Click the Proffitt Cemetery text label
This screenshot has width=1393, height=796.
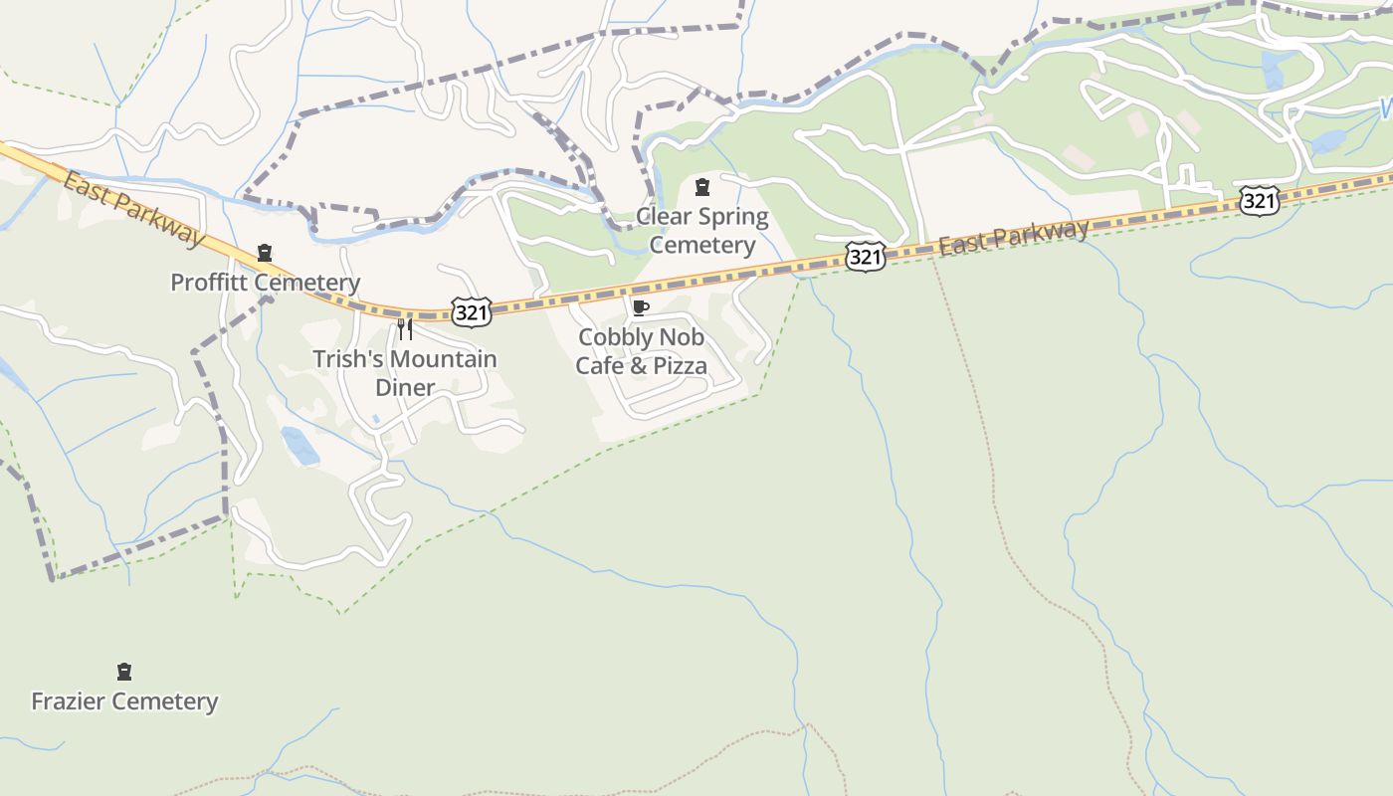[x=265, y=283]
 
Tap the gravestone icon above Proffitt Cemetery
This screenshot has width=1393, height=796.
[x=265, y=253]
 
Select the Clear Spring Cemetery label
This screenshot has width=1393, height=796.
[x=702, y=231]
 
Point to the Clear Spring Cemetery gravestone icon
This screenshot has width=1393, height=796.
[x=702, y=186]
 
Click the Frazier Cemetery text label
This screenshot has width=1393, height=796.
[x=124, y=701]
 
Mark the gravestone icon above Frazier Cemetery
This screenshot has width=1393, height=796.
[x=124, y=672]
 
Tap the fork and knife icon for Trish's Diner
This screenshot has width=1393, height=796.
[x=405, y=328]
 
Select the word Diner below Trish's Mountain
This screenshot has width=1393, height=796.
[x=405, y=387]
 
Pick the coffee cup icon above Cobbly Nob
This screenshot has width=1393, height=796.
[x=641, y=307]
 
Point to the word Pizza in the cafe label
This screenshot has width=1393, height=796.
[x=681, y=366]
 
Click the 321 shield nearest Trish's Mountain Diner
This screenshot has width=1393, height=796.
[x=471, y=312]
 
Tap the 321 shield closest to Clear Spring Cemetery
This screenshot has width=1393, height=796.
[x=865, y=257]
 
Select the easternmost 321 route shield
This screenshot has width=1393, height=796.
[x=1259, y=201]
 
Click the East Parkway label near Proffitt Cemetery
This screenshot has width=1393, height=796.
[x=131, y=208]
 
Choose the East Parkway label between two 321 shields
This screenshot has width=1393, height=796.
[x=1014, y=238]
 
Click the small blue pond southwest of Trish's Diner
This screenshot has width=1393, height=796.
[x=299, y=446]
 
